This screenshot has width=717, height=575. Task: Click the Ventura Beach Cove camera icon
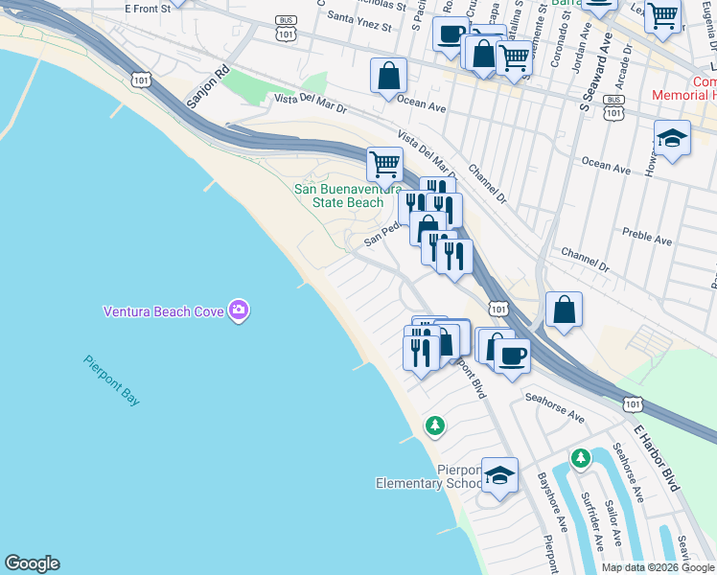coord(239,310)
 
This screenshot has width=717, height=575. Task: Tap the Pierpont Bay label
coord(111,380)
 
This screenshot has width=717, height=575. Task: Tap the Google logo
coord(32,563)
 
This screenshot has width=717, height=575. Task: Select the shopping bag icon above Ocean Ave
coord(388,75)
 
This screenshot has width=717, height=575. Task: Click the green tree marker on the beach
coord(435,424)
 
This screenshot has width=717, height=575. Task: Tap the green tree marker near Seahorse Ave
coord(580,459)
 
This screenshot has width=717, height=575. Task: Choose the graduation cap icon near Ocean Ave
coord(672,138)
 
